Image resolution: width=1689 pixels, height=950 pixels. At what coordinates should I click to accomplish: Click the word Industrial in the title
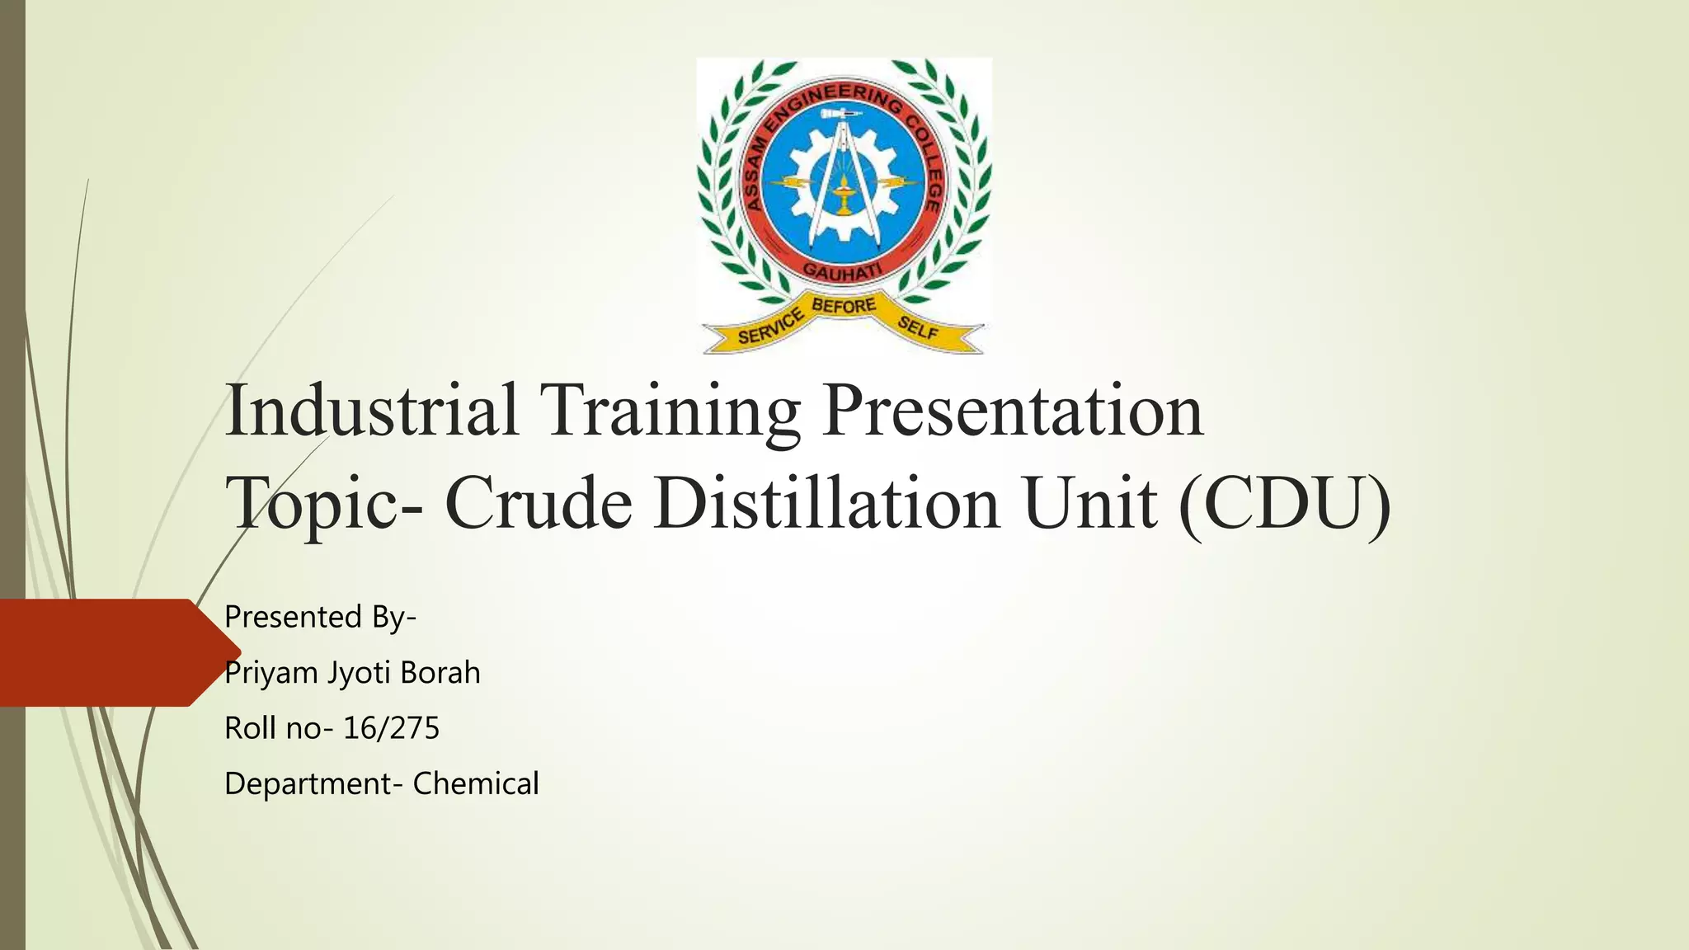[371, 410]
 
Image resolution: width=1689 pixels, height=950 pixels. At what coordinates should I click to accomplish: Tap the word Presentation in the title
[1013, 410]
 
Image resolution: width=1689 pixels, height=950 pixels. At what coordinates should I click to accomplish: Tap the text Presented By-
[321, 617]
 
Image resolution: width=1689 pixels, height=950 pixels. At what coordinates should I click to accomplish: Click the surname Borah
[440, 673]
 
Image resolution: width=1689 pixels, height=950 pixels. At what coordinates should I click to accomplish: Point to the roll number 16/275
[391, 728]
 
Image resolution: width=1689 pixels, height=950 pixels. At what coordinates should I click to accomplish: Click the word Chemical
[476, 783]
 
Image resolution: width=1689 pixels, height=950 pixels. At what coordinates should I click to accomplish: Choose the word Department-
[314, 784]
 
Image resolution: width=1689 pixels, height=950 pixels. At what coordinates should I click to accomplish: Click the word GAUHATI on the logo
[842, 271]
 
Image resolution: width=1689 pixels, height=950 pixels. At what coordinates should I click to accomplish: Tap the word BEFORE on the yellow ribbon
[844, 306]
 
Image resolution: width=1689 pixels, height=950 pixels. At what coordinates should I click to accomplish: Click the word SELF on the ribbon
[918, 328]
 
